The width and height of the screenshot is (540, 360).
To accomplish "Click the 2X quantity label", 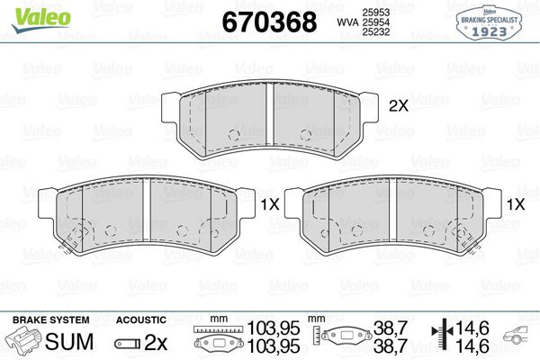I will pos(398,105).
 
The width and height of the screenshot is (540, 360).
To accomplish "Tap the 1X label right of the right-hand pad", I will pos(515,204).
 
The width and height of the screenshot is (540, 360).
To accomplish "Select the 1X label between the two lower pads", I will pos(268,204).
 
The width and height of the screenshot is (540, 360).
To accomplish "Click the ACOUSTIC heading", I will pos(141,319).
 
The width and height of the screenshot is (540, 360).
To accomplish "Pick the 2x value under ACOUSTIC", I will pos(157,342).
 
